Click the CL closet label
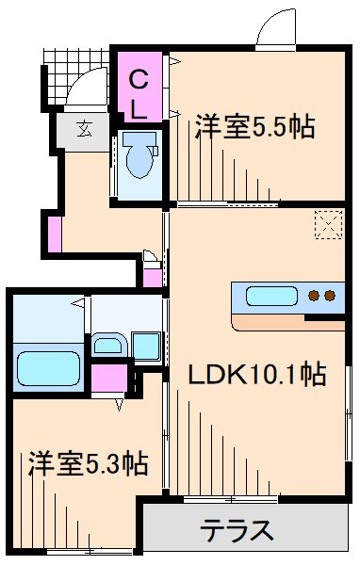tap(138, 92)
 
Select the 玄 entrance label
tap(83, 128)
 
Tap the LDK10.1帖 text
tap(257, 376)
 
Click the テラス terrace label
tap(237, 530)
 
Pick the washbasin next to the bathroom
tap(107, 345)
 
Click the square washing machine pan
tap(145, 346)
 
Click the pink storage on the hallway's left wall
tap(53, 233)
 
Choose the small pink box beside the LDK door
tap(150, 277)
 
